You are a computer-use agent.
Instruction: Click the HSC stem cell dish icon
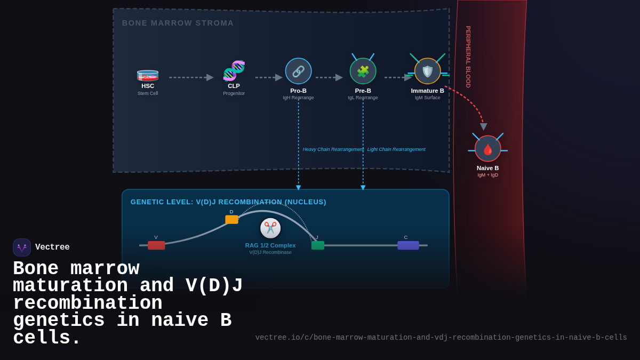coord(148,75)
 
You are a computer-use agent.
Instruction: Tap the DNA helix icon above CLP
coord(234,70)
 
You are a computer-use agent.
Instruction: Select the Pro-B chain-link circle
coord(298,71)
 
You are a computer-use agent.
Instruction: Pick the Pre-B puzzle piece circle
coord(363,71)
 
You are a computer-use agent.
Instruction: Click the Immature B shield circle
coord(427,71)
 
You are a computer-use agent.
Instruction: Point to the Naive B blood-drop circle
coord(487,149)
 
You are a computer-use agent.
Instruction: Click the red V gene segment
coord(156,245)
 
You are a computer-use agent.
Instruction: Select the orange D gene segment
coord(231,219)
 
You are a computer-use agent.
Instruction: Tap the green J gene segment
coord(318,245)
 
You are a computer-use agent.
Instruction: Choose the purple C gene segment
coord(408,245)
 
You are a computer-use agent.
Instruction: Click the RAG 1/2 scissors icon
coord(270,228)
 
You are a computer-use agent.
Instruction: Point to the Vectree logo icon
coord(22,247)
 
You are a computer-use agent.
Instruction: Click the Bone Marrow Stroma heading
coord(178,23)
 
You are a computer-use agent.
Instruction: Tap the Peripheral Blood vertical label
coord(468,57)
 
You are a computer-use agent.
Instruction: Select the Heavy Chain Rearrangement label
coord(333,149)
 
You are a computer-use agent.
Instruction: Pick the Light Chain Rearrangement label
coord(396,149)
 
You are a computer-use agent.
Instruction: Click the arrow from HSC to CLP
coord(191,77)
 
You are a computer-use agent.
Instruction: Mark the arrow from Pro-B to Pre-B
coord(329,77)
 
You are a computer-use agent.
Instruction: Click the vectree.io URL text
coord(441,338)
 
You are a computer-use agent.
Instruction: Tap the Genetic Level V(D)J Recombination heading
coord(228,202)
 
